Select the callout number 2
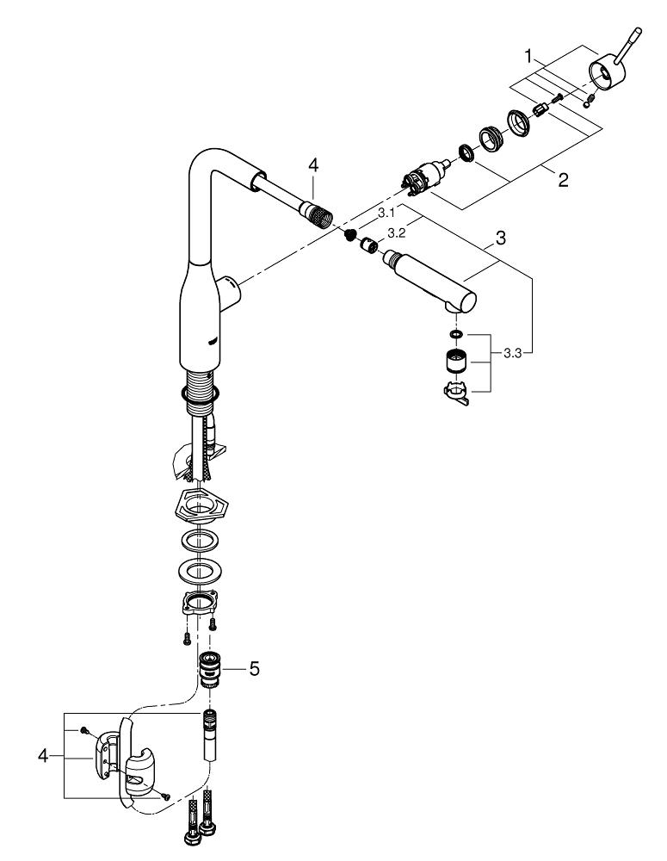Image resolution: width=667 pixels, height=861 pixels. coord(562,181)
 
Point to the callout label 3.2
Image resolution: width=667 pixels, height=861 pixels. coord(397,232)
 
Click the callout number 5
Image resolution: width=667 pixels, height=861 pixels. coord(254,667)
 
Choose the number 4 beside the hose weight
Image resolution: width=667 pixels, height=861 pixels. coord(42,755)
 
